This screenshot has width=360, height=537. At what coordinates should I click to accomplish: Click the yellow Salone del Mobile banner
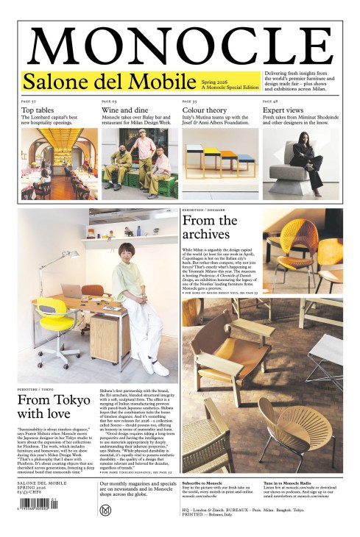140,81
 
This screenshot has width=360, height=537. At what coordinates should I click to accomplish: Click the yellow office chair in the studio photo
56,324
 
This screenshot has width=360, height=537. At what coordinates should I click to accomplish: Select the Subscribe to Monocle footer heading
202,483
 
